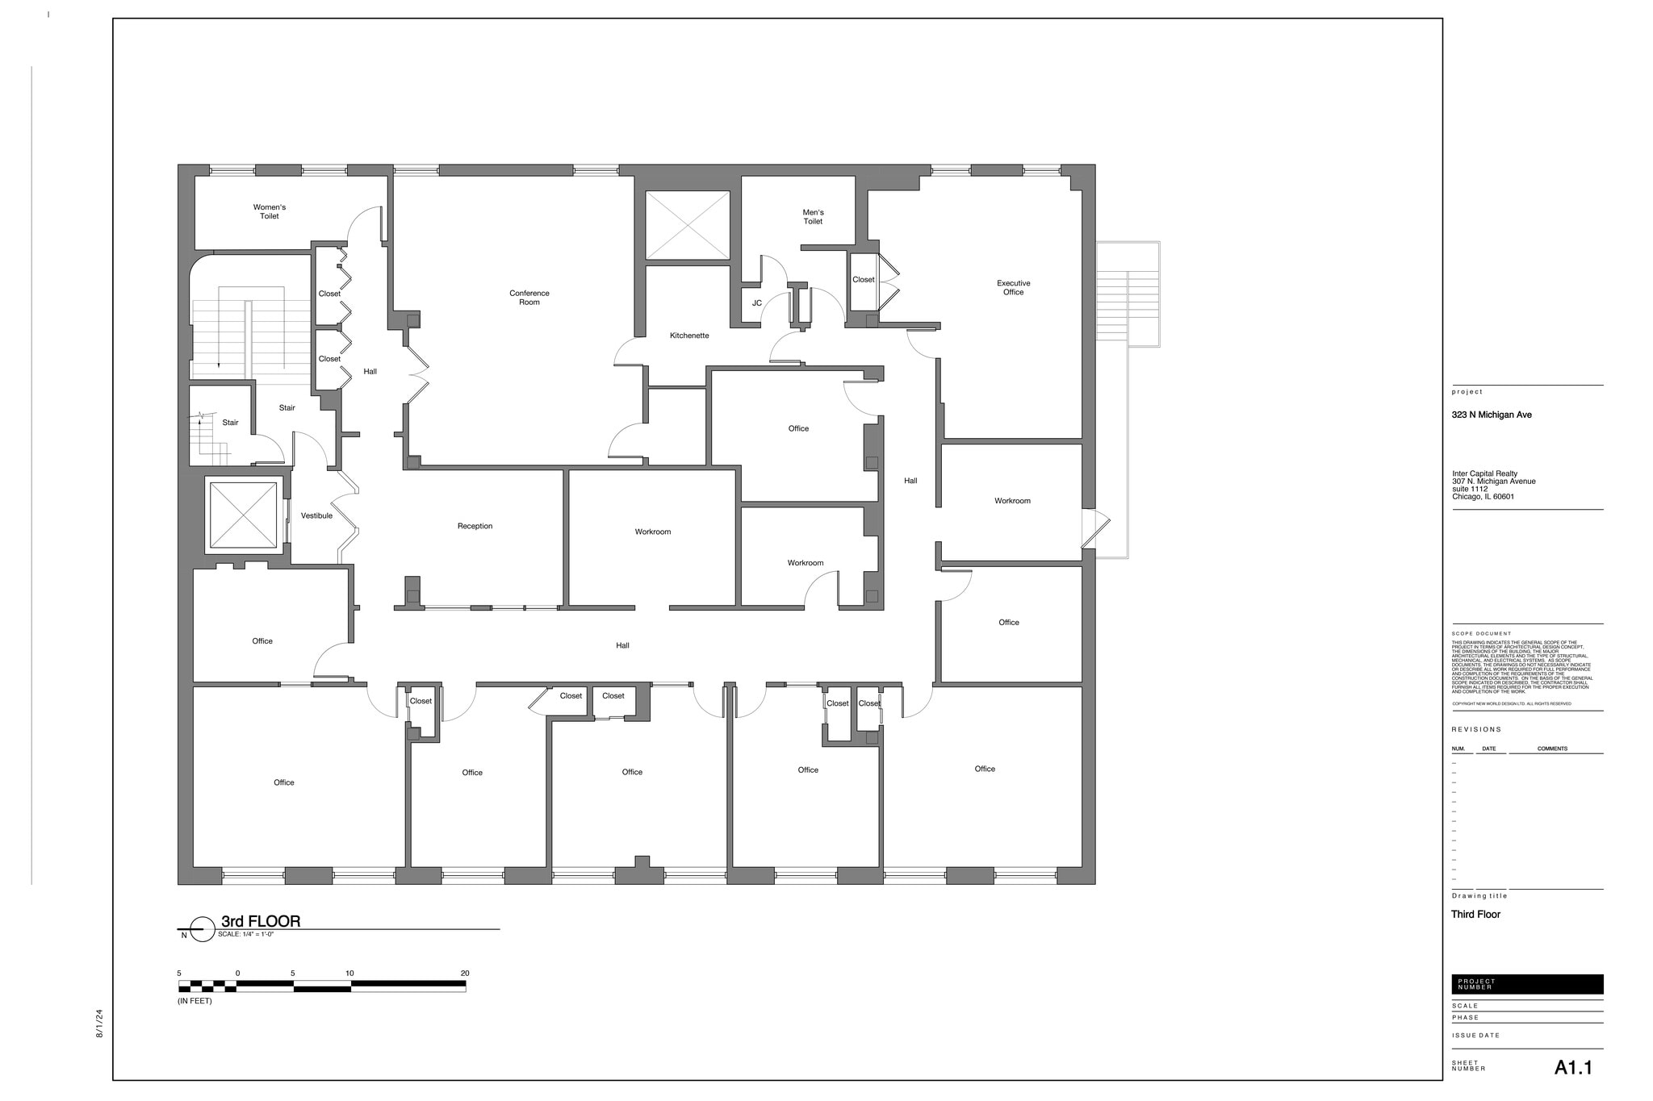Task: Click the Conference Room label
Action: click(x=529, y=298)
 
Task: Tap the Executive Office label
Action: click(x=1013, y=288)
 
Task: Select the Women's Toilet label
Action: click(x=269, y=211)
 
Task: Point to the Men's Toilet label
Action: click(x=813, y=217)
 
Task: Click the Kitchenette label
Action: click(x=688, y=336)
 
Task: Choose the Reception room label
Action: click(x=475, y=527)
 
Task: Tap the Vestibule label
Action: click(x=316, y=516)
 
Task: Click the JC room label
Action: click(x=756, y=304)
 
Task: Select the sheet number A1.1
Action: click(x=1573, y=1068)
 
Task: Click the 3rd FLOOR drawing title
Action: click(x=261, y=922)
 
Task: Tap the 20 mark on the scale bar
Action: click(x=465, y=974)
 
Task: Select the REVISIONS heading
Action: click(x=1476, y=730)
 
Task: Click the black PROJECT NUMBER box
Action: click(x=1526, y=985)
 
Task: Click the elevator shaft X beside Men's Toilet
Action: click(x=688, y=225)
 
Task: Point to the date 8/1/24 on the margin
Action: click(x=100, y=1023)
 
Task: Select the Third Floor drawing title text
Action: click(x=1475, y=915)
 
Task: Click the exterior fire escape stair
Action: click(x=1128, y=295)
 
